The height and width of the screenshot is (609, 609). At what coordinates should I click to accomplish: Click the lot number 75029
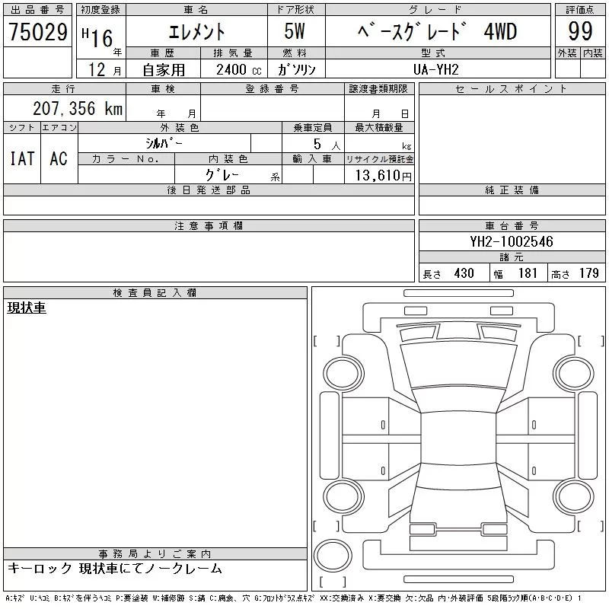pyautogui.click(x=38, y=32)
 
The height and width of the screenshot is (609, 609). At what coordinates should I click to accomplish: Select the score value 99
pyautogui.click(x=580, y=31)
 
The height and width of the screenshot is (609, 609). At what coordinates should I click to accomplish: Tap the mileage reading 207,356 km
pyautogui.click(x=78, y=108)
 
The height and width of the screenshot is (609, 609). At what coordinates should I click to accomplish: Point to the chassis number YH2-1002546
pyautogui.click(x=512, y=241)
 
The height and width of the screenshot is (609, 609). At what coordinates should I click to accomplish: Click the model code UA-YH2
pyautogui.click(x=436, y=69)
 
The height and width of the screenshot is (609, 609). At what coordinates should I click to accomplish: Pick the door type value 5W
pyautogui.click(x=295, y=31)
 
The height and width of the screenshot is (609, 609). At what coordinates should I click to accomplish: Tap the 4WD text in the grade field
pyautogui.click(x=501, y=31)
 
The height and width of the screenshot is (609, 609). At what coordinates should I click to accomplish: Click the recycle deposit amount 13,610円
pyautogui.click(x=384, y=176)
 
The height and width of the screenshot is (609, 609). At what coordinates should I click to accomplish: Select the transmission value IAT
pyautogui.click(x=22, y=158)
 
